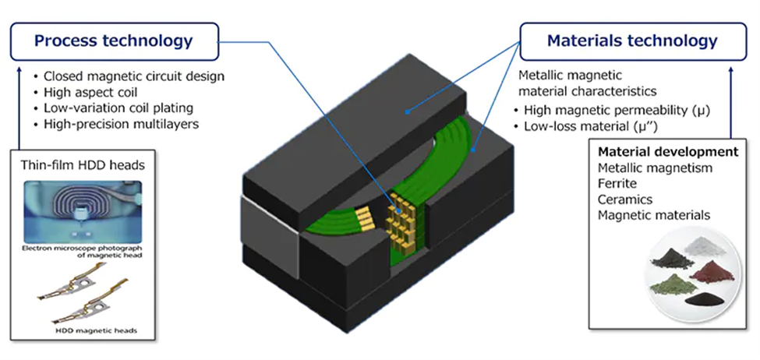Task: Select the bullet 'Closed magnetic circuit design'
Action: [133, 76]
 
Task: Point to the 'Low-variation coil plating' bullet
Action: [118, 108]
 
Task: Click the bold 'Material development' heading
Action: [667, 151]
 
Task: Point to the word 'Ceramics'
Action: [624, 199]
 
